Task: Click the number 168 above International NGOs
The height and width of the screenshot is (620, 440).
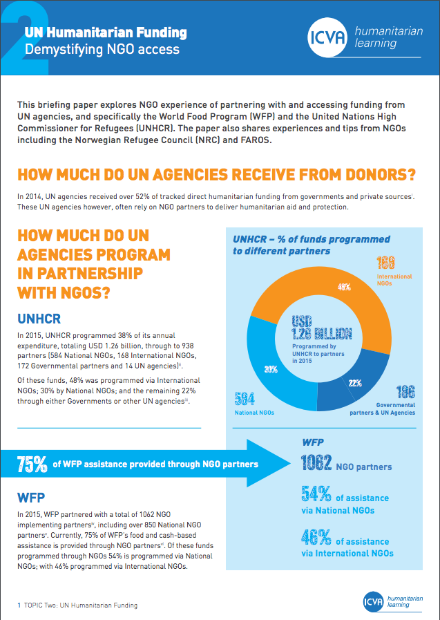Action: [x=385, y=263]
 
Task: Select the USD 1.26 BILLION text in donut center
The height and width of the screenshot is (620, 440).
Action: [x=321, y=328]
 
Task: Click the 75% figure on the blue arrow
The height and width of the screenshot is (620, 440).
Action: [x=32, y=464]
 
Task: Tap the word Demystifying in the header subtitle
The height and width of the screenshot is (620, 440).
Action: [x=57, y=49]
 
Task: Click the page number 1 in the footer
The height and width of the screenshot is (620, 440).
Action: [x=19, y=605]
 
